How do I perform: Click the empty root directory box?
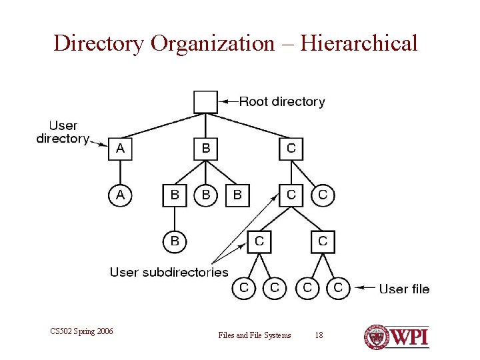[x=205, y=101]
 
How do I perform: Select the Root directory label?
[x=282, y=102]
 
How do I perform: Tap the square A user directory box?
[x=120, y=149]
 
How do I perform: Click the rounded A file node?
[x=120, y=195]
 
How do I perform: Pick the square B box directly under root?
[x=205, y=149]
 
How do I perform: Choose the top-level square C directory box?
[x=291, y=149]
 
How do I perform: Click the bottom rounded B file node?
[x=175, y=241]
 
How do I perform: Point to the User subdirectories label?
[x=169, y=272]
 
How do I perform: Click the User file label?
[x=404, y=289]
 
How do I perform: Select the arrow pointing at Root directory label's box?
[x=229, y=102]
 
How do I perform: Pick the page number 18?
[x=319, y=335]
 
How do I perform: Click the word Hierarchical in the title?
[x=359, y=44]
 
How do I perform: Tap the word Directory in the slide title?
[x=99, y=44]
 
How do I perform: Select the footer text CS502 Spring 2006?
[x=81, y=331]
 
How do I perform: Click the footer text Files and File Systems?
[x=255, y=335]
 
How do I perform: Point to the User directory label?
[x=63, y=132]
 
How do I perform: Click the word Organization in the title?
[x=212, y=44]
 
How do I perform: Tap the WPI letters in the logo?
[x=409, y=336]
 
